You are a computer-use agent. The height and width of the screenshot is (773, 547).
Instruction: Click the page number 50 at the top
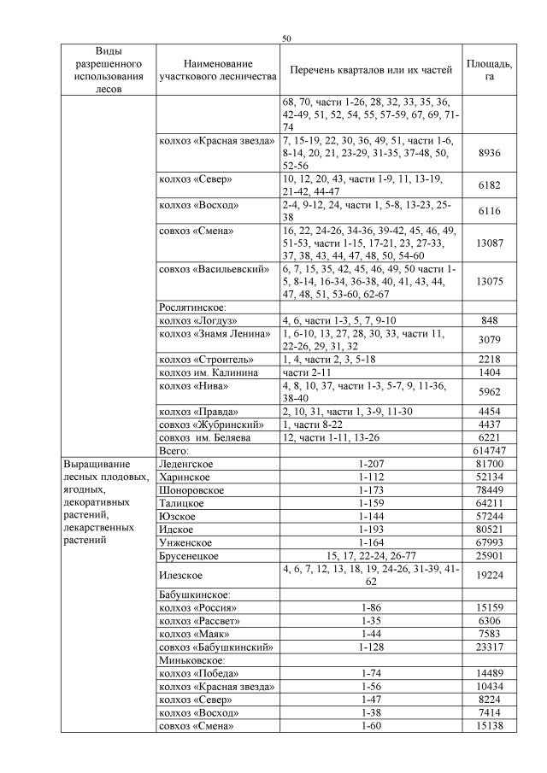tap(286, 38)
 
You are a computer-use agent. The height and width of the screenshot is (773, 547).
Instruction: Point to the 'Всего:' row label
tap(174, 450)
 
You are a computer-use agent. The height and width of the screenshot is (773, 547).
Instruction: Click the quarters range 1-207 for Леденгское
tap(371, 464)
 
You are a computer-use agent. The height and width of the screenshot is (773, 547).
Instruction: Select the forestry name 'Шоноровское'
tap(191, 490)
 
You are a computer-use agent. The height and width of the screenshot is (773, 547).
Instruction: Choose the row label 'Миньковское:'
tap(191, 660)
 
